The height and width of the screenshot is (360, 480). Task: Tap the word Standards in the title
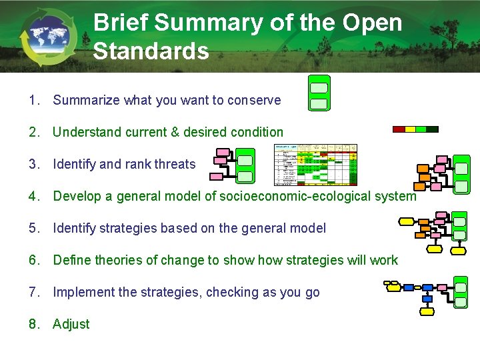coord(151,51)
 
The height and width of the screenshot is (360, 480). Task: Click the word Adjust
coord(71,324)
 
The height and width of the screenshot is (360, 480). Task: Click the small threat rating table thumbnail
coord(316,164)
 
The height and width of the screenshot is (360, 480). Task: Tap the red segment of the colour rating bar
coord(398,129)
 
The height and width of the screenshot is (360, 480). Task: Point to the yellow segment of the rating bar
coord(409,129)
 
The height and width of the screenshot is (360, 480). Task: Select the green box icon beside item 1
coord(319,93)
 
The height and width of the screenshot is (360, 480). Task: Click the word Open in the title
coord(373,23)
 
